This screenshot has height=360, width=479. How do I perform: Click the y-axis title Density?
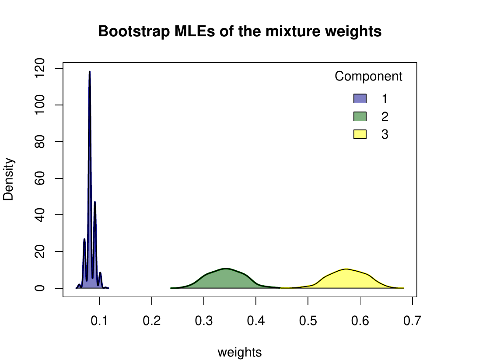9,179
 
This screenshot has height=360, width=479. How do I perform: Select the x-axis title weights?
240,352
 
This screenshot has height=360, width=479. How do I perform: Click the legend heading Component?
368,77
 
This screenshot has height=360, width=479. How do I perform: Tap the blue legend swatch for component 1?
360,98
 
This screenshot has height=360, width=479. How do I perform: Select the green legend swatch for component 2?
360,117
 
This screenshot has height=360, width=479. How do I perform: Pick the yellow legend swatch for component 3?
360,135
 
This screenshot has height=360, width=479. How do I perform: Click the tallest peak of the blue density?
90,72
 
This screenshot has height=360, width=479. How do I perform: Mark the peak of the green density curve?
226,269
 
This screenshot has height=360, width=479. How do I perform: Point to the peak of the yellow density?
346,269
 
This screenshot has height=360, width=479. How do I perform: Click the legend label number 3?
385,135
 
